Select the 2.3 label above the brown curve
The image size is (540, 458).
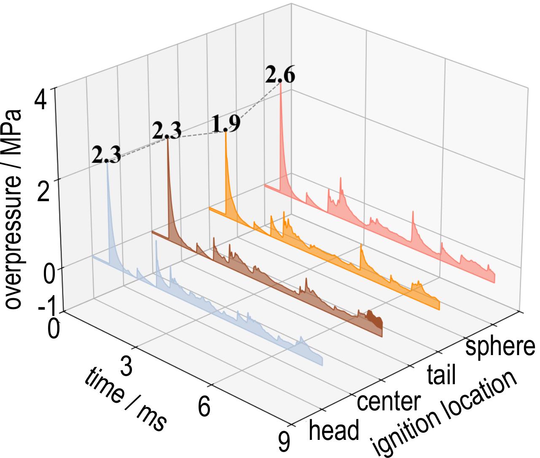(167, 131)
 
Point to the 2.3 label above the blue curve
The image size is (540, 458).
(106, 155)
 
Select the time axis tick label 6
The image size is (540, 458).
(204, 407)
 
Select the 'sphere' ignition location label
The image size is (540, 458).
(500, 347)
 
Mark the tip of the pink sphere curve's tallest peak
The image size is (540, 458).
(280, 84)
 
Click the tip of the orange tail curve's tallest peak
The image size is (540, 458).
(226, 132)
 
